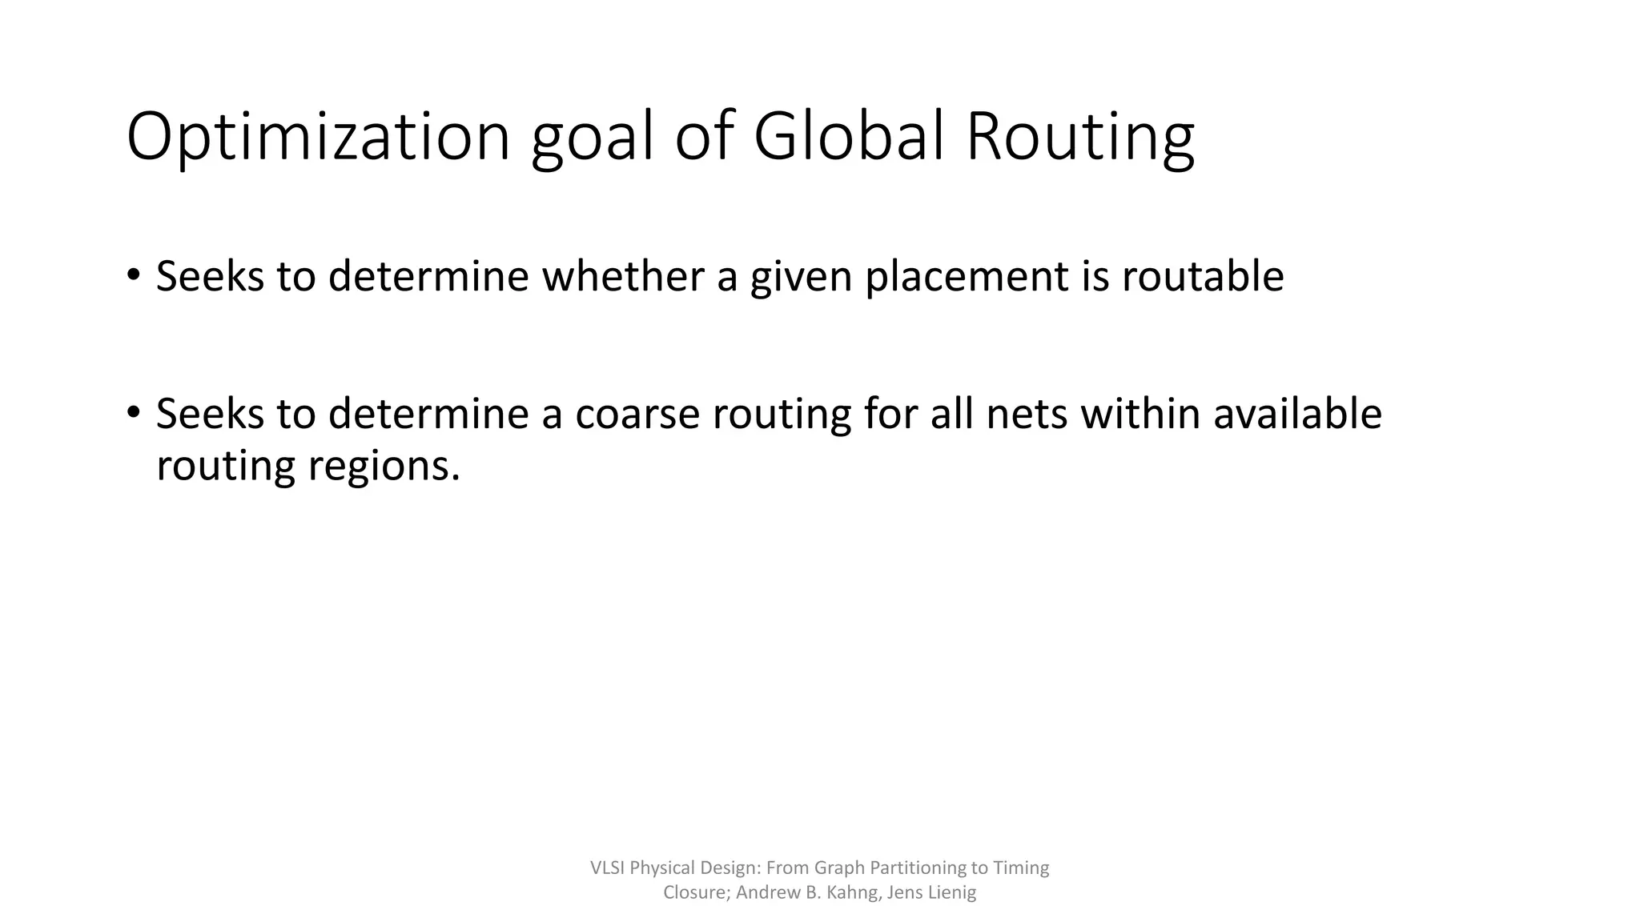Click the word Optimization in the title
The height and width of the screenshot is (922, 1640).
tap(318, 137)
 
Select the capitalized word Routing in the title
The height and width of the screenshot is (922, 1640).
tap(1080, 137)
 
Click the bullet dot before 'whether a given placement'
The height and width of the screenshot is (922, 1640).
tap(133, 275)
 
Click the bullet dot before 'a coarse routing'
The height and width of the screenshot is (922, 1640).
tap(133, 413)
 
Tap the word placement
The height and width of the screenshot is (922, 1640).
tap(967, 277)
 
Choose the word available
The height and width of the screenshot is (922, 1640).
tap(1297, 414)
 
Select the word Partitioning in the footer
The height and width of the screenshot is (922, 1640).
tap(918, 868)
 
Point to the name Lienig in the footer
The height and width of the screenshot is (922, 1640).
tap(952, 892)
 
